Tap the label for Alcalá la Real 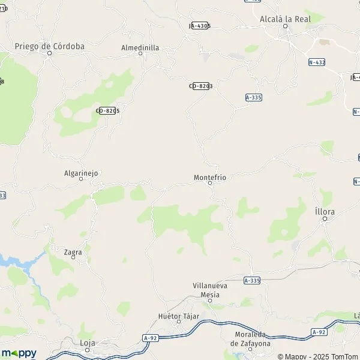(284, 19)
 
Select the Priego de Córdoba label (50, 46)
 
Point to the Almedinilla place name (140, 47)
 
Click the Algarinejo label (81, 173)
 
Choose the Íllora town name (325, 212)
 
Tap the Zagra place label (73, 253)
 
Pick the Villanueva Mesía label (210, 290)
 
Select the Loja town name (88, 343)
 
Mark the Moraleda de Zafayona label (250, 340)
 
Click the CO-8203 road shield (201, 86)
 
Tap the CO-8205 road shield (108, 110)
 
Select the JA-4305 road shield (200, 26)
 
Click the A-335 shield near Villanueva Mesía (252, 280)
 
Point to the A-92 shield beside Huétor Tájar (151, 338)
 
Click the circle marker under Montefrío (210, 184)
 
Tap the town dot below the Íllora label (325, 219)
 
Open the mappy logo (19, 353)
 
